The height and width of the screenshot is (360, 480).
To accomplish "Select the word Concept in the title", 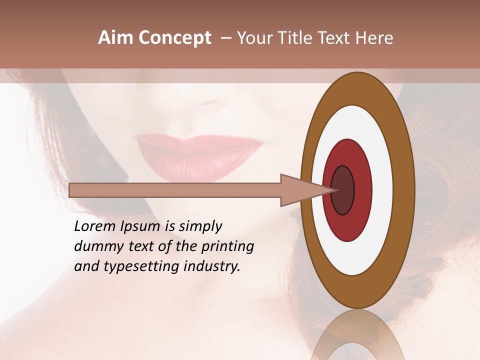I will (174, 38).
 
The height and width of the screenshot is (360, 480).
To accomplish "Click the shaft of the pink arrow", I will (175, 190).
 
